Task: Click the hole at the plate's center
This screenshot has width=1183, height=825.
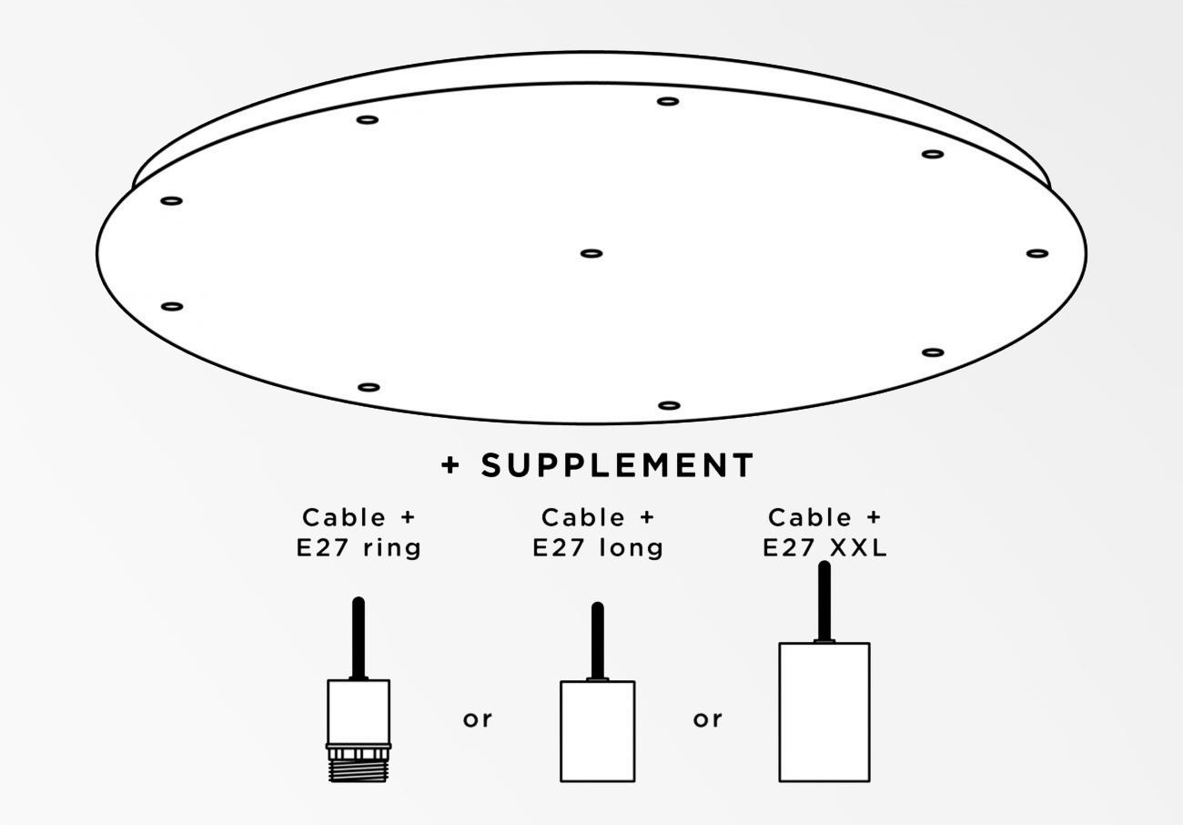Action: [x=591, y=253]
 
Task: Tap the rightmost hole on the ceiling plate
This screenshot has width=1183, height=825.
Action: [x=1037, y=253]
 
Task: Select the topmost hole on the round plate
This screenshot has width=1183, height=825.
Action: [x=668, y=101]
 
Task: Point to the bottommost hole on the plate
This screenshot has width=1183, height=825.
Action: [x=669, y=405]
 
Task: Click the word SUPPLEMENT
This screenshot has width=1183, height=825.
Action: [x=618, y=466]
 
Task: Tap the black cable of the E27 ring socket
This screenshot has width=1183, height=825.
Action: [x=359, y=637]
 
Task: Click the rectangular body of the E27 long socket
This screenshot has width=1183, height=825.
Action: [x=597, y=731]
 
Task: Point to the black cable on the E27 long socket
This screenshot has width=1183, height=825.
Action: [x=597, y=640]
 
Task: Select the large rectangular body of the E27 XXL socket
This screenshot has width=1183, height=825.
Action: [x=824, y=712]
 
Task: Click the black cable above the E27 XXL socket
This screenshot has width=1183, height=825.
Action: [x=824, y=601]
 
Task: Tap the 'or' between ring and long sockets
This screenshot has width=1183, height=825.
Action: [x=478, y=719]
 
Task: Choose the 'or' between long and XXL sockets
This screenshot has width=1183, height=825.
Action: [x=708, y=719]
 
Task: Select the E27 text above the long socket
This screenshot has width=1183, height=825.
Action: [x=558, y=549]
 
